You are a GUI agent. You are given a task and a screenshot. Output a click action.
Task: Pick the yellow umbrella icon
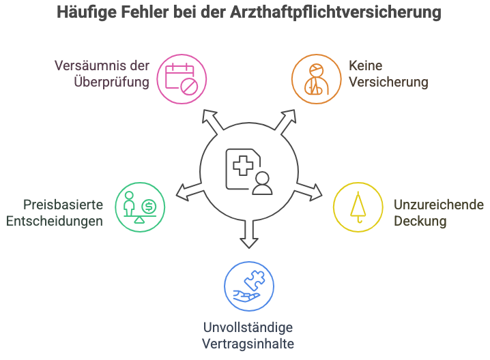(x=357, y=207)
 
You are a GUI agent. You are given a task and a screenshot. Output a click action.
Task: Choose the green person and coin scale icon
(x=139, y=207)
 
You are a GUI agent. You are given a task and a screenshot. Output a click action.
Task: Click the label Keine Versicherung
(x=388, y=74)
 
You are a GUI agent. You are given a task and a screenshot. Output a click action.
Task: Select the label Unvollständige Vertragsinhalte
(x=248, y=335)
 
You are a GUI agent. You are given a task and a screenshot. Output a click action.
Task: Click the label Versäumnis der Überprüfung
(x=102, y=74)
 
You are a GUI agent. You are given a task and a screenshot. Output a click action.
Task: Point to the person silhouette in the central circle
(x=261, y=183)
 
